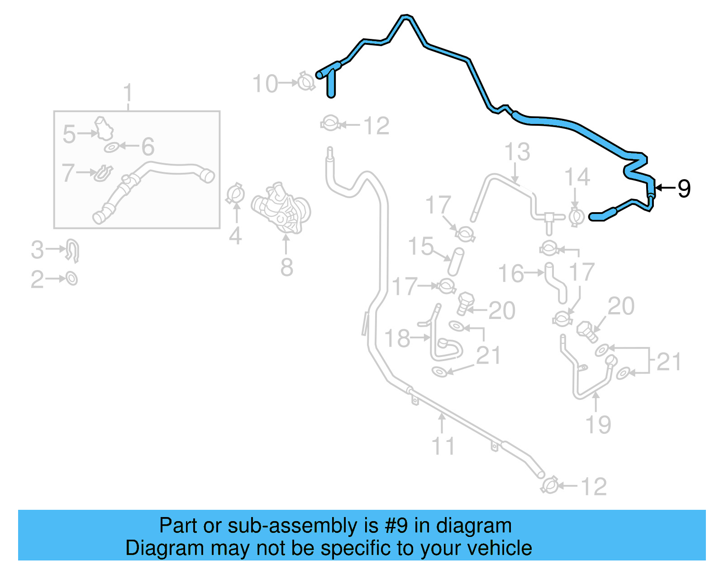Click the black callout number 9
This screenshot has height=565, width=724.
(684, 188)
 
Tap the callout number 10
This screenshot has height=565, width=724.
(265, 84)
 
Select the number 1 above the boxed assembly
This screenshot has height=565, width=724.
(128, 93)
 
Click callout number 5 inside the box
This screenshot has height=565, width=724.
(69, 134)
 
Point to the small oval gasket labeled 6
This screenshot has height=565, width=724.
(111, 147)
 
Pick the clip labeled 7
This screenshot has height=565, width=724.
(103, 173)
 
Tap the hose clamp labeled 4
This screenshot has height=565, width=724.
(235, 194)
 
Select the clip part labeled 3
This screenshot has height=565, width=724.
(73, 250)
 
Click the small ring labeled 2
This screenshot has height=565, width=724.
(72, 278)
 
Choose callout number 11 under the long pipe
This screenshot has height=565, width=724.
(443, 446)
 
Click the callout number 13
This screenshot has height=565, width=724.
(517, 152)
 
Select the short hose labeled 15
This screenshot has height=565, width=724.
(456, 261)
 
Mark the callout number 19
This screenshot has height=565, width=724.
(598, 424)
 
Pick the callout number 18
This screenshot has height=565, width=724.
(397, 338)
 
